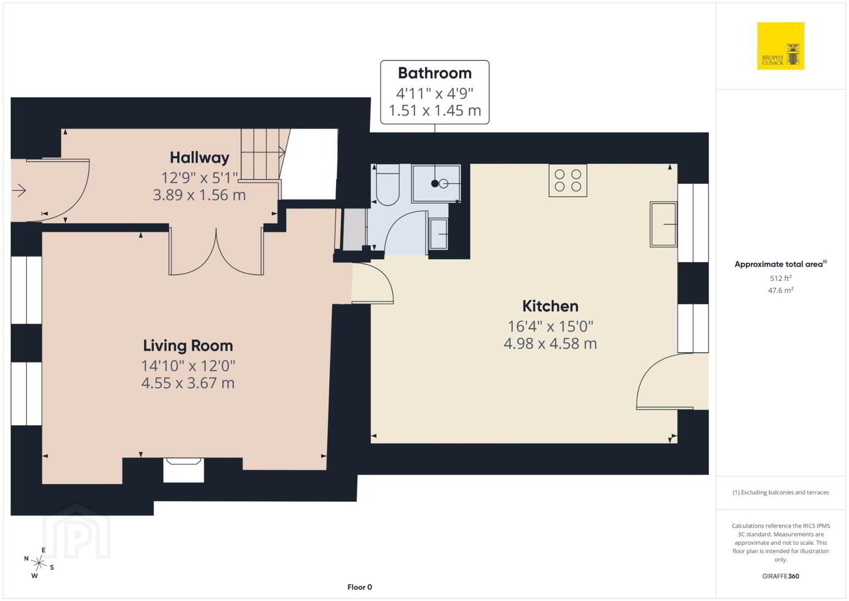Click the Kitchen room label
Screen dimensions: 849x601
tap(550, 306)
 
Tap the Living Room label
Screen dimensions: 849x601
tap(188, 346)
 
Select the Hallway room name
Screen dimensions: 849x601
tap(199, 157)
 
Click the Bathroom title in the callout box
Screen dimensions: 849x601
tap(435, 73)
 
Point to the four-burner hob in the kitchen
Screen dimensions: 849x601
tap(568, 180)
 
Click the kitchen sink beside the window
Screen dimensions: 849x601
tap(663, 224)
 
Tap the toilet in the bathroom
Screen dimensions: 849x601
tap(387, 185)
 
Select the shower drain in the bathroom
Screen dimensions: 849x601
tap(435, 184)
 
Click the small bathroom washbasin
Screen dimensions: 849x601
tap(438, 234)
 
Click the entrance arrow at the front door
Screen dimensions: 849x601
tap(19, 190)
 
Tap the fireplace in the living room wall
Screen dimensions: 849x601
tap(184, 470)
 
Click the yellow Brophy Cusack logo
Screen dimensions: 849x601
tap(781, 46)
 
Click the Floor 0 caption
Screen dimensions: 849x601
tap(360, 587)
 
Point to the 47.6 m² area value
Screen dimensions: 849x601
tap(781, 290)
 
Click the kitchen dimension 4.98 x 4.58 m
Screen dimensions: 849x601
tap(550, 343)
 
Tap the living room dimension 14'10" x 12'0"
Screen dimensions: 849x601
tap(188, 366)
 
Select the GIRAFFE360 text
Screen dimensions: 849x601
tap(781, 576)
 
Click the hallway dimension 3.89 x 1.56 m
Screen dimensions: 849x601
tap(199, 195)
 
